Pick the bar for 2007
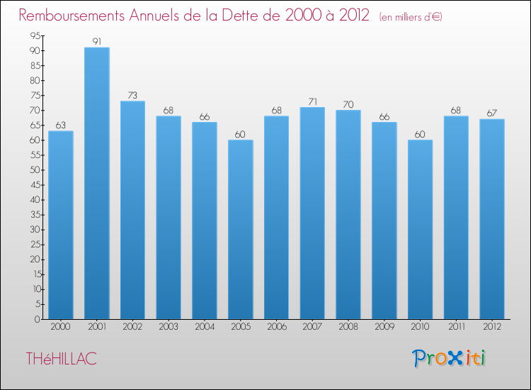(x=312, y=213)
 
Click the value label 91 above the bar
(x=96, y=41)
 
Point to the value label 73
(x=132, y=95)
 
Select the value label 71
(x=312, y=101)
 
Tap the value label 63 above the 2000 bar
(x=60, y=125)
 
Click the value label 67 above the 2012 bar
(x=492, y=113)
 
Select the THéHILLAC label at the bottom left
(x=61, y=360)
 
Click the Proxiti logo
(x=449, y=358)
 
